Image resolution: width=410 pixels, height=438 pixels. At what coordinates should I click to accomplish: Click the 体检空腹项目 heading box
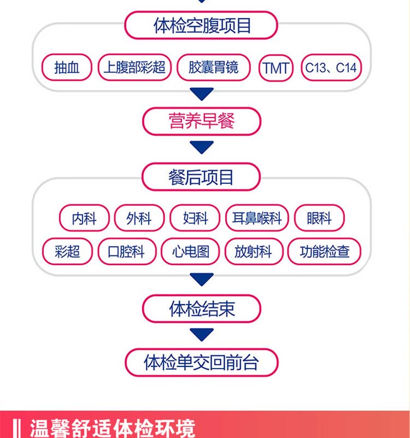pos(201,26)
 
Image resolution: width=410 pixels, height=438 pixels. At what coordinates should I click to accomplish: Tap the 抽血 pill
pos(67,68)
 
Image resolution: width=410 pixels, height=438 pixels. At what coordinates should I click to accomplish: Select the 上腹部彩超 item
pos(134,68)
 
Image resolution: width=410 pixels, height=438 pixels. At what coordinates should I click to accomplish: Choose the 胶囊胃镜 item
pos(213,68)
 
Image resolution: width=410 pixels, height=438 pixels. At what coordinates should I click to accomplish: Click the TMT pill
pos(276,68)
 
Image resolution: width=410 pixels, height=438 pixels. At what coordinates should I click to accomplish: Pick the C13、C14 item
pos(331,68)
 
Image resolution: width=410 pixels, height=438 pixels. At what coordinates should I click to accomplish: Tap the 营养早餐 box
pos(201,121)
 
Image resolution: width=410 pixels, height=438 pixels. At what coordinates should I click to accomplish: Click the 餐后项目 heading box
pos(201,177)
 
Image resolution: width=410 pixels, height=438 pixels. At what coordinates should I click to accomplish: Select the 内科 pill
pos(84,218)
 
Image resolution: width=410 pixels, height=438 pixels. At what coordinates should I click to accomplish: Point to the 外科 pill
pos(138,218)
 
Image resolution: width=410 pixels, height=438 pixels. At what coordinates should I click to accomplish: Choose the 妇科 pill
pos(195,218)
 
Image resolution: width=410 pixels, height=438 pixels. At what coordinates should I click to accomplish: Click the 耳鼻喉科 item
pos(256,218)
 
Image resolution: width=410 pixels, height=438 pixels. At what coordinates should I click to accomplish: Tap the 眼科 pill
pos(319,218)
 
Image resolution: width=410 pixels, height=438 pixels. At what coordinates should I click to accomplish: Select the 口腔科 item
pos(127,252)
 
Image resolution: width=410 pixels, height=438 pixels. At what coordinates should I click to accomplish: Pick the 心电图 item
pos(190,252)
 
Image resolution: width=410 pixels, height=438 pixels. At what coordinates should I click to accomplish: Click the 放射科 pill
pos(253,252)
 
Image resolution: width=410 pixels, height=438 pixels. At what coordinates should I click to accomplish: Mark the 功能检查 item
pos(324,252)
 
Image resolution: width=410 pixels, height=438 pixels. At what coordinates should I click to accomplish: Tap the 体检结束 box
pos(201,309)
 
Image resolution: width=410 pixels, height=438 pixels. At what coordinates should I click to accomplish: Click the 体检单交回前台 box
pos(201,362)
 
